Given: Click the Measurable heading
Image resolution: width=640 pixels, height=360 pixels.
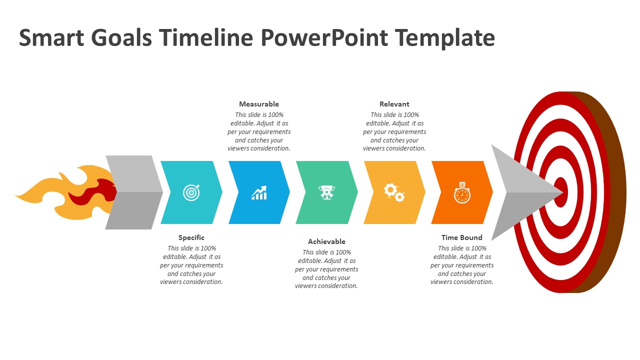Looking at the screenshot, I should (259, 104).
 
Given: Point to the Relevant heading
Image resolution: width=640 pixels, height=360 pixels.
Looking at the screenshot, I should (394, 104).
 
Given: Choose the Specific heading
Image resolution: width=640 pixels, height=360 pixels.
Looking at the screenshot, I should (191, 237).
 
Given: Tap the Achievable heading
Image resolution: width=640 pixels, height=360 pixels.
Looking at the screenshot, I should (326, 241).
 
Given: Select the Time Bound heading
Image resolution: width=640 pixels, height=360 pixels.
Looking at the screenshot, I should (462, 237).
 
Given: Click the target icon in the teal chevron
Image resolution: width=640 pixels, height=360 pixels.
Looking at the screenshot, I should (191, 192).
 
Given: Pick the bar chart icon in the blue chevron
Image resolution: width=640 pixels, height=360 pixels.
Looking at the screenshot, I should (259, 193).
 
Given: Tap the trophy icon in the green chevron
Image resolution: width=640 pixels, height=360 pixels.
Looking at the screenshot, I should (326, 192).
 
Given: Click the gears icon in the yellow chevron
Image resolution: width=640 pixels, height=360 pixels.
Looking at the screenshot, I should (394, 192).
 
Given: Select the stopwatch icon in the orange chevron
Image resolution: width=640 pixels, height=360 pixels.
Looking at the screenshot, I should (462, 192).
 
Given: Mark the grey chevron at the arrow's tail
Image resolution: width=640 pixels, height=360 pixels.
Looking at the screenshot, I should (132, 192).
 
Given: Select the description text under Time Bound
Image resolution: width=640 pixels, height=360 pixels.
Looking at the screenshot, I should (462, 265).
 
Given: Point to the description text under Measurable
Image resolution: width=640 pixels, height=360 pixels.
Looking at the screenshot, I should (259, 131).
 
